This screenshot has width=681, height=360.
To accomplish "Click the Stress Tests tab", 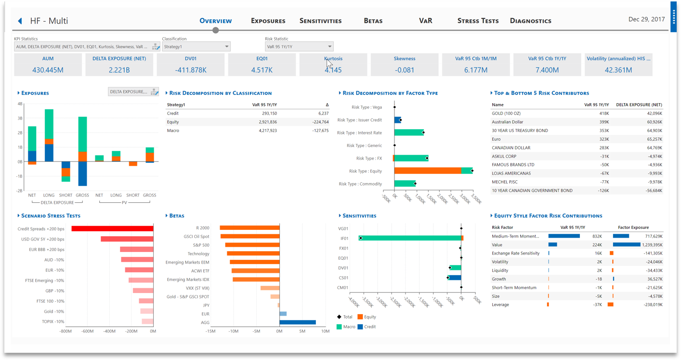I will [x=478, y=21].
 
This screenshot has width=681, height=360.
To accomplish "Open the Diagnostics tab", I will [x=530, y=21].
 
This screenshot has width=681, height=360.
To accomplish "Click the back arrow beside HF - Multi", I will [x=20, y=21].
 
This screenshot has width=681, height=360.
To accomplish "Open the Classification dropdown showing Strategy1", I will [x=196, y=47].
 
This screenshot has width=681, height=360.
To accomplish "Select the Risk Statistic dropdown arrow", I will [x=329, y=47].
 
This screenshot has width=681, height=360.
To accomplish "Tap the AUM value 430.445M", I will [x=48, y=70].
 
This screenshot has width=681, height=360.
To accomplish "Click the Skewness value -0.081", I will [x=404, y=70].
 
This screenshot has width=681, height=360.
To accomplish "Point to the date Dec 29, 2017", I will [x=646, y=19].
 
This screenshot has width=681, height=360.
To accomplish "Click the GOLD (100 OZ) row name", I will [x=506, y=113].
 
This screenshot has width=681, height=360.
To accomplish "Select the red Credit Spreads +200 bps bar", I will [x=112, y=229].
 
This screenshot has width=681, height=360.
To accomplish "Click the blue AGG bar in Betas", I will [x=298, y=322].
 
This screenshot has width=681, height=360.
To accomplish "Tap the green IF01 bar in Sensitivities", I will [x=409, y=238].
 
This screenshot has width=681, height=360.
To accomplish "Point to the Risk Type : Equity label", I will [x=365, y=171].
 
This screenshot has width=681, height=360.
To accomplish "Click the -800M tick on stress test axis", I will [x=65, y=331].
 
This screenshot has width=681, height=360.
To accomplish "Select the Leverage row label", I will [x=500, y=305].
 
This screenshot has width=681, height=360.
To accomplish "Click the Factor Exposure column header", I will [x=633, y=227].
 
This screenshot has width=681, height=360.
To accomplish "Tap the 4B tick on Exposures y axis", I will [x=20, y=104].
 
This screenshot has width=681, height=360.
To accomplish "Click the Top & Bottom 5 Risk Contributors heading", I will [x=541, y=93].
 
